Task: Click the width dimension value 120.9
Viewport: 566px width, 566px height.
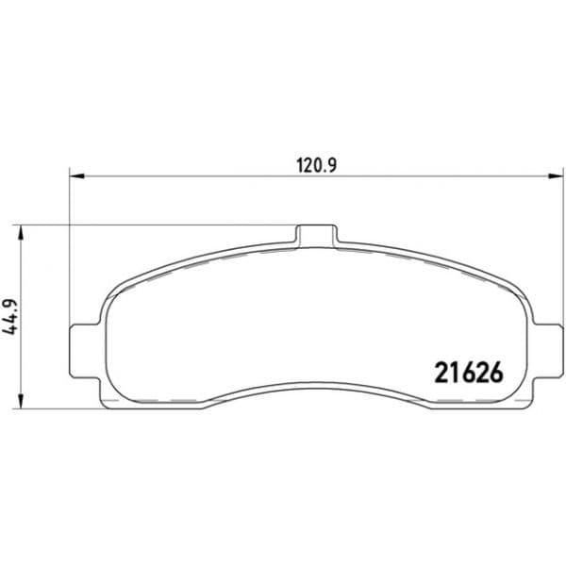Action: (x=317, y=166)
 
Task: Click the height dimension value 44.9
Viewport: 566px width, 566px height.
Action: (x=9, y=317)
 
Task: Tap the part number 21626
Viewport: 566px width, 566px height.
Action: (x=469, y=373)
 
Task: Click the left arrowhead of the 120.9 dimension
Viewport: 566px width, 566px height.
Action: (x=76, y=176)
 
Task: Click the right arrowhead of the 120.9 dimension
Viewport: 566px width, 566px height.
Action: (x=556, y=176)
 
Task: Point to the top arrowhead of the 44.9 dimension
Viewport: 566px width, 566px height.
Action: (x=22, y=233)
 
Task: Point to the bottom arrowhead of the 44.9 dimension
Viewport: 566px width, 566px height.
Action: (x=22, y=401)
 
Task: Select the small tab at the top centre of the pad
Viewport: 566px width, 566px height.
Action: (x=317, y=235)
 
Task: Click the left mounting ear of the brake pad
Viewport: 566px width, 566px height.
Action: (x=84, y=351)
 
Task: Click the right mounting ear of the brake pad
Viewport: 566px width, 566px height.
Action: (x=548, y=351)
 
